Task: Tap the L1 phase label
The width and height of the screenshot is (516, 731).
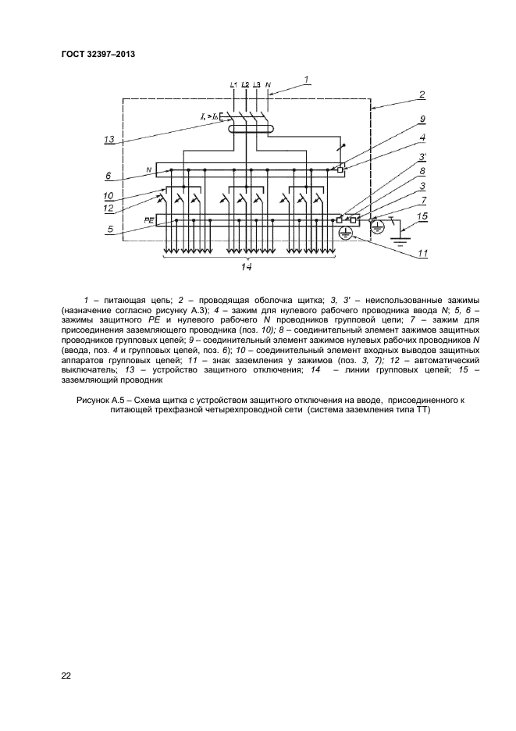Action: [x=234, y=84]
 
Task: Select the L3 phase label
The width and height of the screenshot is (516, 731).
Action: [x=257, y=84]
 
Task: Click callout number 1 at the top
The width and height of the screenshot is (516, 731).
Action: [x=307, y=78]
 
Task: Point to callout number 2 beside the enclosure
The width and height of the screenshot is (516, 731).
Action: [x=422, y=94]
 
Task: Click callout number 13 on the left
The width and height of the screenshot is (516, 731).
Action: [x=111, y=141]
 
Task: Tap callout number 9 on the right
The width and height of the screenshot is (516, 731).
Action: [x=422, y=119]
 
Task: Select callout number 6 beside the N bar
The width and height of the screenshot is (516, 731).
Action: [x=109, y=176]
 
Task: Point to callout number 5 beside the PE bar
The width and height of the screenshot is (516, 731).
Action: [x=111, y=230]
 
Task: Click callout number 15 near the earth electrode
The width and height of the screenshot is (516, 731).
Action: [x=422, y=216]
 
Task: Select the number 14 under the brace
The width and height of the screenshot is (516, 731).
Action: [x=247, y=267]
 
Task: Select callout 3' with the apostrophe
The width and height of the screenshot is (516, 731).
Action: [x=422, y=158]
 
